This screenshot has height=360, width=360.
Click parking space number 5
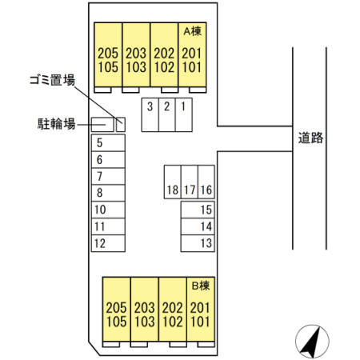pos(107,142)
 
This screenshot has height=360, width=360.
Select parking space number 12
pos(107,243)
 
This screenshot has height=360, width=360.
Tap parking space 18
pos(172,190)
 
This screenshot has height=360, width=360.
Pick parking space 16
pos(206,190)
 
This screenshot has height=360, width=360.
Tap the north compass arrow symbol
pos(312,342)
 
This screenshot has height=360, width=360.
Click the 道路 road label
pos(310,138)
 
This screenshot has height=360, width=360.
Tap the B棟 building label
pos(199,284)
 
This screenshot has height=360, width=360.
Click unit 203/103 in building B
pos(145,314)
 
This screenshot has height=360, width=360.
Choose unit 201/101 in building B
pos(200,314)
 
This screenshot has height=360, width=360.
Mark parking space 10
pos(107,210)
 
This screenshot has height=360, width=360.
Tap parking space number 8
pos(107,193)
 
